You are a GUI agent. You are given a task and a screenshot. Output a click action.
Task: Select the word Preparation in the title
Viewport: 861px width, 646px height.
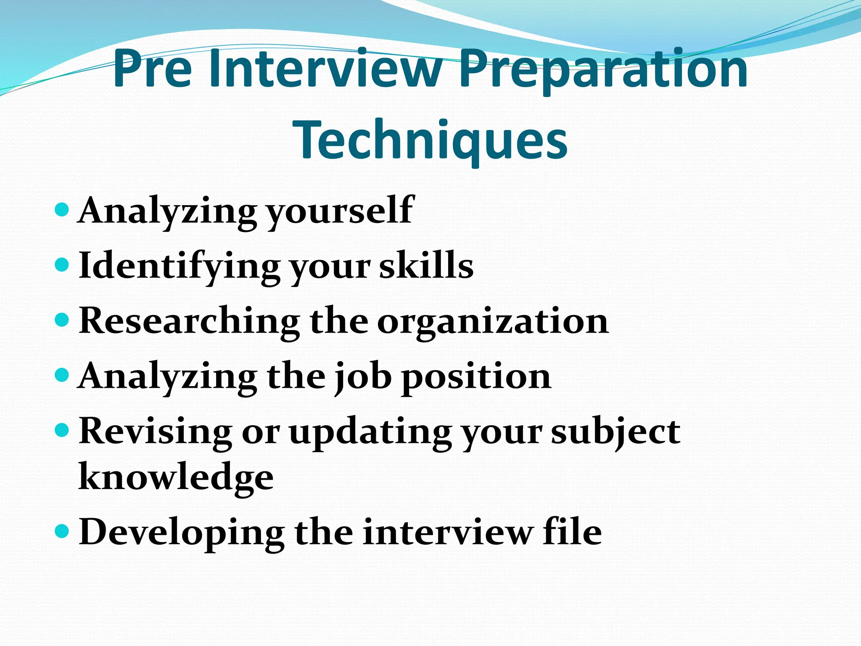click(x=603, y=69)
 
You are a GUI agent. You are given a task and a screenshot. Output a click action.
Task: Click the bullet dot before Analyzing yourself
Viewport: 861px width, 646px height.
click(x=62, y=209)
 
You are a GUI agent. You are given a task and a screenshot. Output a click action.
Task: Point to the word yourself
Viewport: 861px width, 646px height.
click(x=341, y=211)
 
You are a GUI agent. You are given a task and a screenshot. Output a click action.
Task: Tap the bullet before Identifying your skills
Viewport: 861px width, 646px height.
click(x=62, y=265)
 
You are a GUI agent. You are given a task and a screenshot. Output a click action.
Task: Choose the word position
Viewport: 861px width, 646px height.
click(x=476, y=377)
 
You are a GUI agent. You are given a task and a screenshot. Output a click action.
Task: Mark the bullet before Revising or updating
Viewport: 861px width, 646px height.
click(x=62, y=430)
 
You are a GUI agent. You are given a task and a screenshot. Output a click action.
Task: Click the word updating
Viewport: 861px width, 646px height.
click(x=370, y=433)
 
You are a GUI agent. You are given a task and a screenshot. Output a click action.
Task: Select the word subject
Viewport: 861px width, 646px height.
click(x=615, y=433)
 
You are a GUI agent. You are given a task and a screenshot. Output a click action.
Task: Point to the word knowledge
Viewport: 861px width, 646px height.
click(x=176, y=478)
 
